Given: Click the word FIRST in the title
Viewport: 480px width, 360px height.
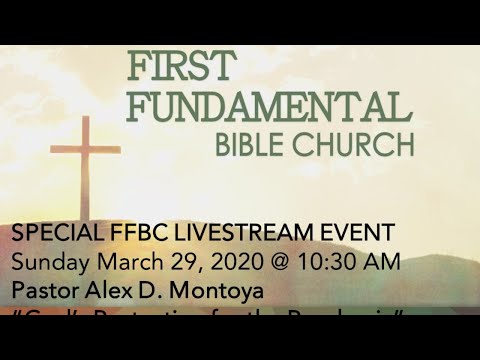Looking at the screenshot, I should point(183,67).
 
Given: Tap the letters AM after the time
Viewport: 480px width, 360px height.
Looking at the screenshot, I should point(382,262).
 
